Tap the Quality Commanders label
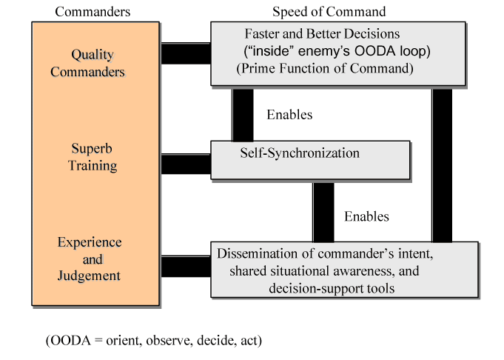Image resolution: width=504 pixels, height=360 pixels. [x=97, y=63]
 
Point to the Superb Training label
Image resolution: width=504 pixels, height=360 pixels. [x=93, y=156]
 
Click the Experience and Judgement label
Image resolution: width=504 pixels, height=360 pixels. [x=90, y=259]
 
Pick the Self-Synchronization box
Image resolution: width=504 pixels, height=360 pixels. [x=310, y=159]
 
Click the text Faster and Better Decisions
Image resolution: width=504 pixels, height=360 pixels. [x=322, y=34]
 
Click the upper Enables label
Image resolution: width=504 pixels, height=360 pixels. [x=289, y=115]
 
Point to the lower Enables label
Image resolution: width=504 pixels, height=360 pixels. [x=367, y=217]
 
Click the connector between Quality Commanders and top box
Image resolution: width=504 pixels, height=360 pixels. [x=185, y=53]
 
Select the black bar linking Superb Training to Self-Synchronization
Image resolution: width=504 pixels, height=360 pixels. [x=185, y=164]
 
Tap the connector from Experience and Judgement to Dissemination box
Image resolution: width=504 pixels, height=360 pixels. [x=185, y=266]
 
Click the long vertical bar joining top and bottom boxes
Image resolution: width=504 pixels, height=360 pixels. [x=442, y=164]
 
